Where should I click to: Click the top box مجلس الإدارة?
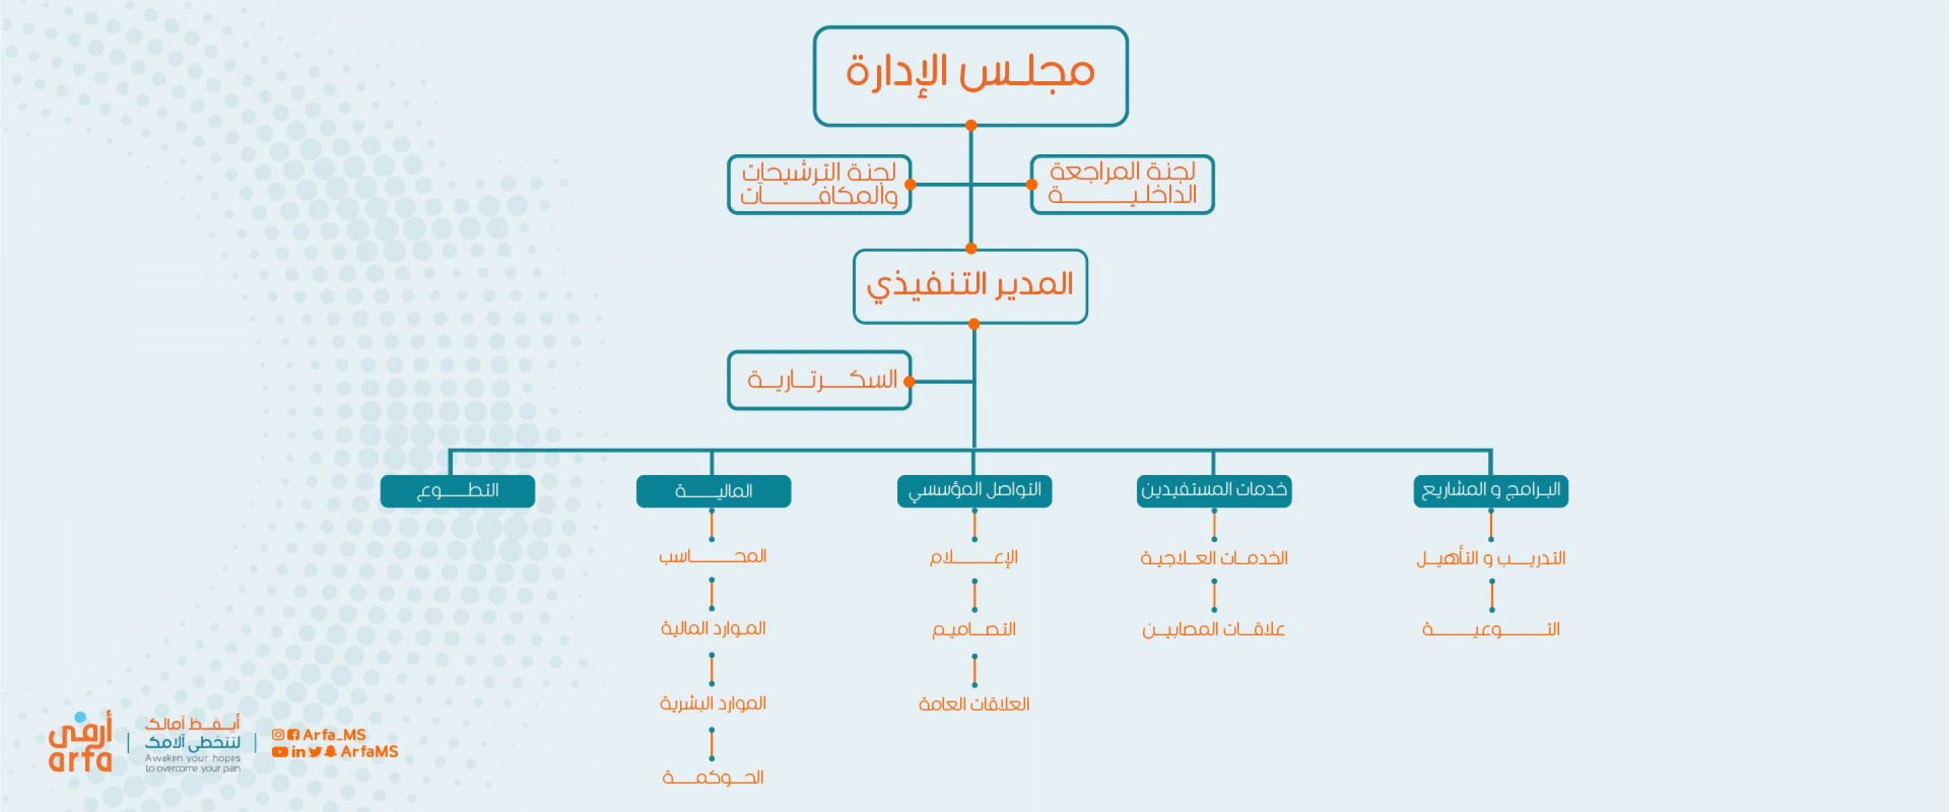point(970,76)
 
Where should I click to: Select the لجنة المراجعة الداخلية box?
point(1122,185)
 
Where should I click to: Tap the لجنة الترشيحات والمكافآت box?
point(820,185)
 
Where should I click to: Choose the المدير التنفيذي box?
point(970,286)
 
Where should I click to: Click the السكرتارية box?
point(820,380)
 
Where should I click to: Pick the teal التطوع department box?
point(457,491)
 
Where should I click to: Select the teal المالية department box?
point(713,491)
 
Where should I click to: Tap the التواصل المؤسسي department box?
point(974,491)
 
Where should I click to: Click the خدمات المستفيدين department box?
point(1214,491)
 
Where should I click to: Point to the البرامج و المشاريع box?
point(1490,491)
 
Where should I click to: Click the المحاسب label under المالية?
point(713,556)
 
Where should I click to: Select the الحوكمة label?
point(713,777)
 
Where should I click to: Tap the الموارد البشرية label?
point(713,703)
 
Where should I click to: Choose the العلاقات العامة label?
point(974,704)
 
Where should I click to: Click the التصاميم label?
point(974,629)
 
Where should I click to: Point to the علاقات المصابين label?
point(1214,629)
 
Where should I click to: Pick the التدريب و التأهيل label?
point(1490,558)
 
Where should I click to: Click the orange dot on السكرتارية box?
point(910,382)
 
